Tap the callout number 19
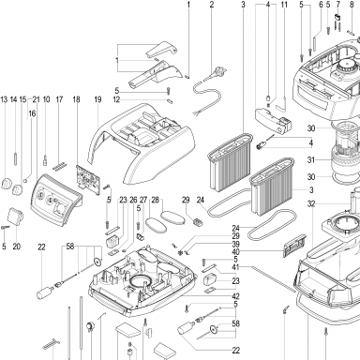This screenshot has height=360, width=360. click(x=97, y=99)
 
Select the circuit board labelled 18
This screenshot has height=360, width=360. click(x=88, y=178)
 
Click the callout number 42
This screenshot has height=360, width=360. click(x=235, y=296)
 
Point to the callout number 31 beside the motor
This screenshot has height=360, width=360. click(x=310, y=160)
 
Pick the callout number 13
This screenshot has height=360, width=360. click(x=4, y=99)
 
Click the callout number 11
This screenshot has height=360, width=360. click(x=284, y=5)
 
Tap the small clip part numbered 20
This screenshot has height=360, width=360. click(x=15, y=217)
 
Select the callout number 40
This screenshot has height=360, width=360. click(x=235, y=252)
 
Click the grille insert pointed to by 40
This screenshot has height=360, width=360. click(x=294, y=246)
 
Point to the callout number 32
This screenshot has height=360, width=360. click(x=311, y=204)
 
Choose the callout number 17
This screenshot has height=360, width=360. click(x=59, y=99)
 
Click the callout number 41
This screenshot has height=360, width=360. click(x=235, y=267)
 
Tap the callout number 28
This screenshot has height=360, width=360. click(x=155, y=200)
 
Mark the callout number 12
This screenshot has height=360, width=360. click(x=116, y=100)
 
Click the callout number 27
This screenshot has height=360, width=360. click(x=143, y=200)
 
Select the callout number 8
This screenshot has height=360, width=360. click(x=352, y=5)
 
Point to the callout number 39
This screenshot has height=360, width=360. click(x=235, y=244)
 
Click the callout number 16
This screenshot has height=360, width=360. click(x=32, y=113)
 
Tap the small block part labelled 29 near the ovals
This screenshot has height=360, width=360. click(x=198, y=222)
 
